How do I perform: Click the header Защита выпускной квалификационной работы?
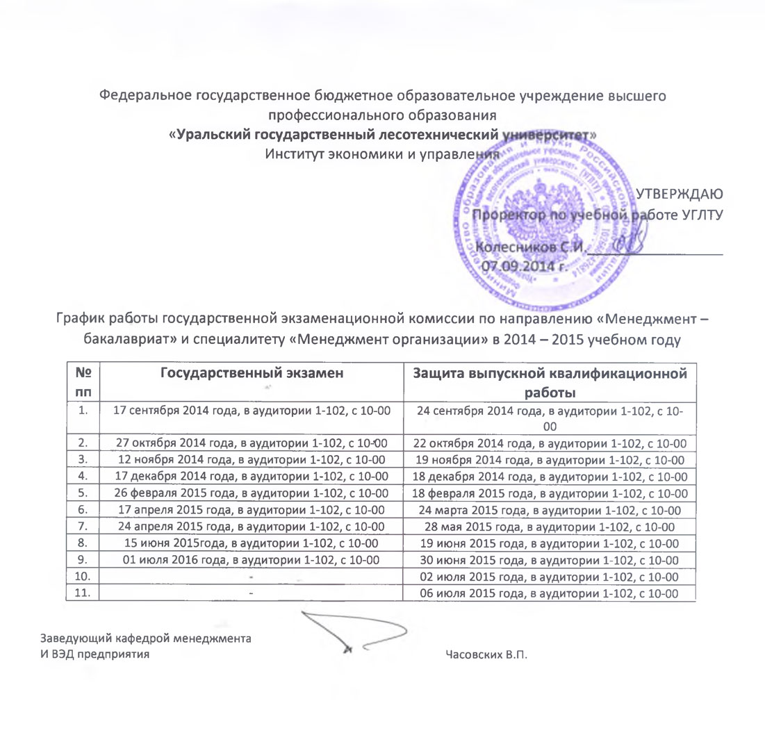[550, 382]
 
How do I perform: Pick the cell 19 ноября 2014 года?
[550, 459]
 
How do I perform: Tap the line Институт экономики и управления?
[383, 154]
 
